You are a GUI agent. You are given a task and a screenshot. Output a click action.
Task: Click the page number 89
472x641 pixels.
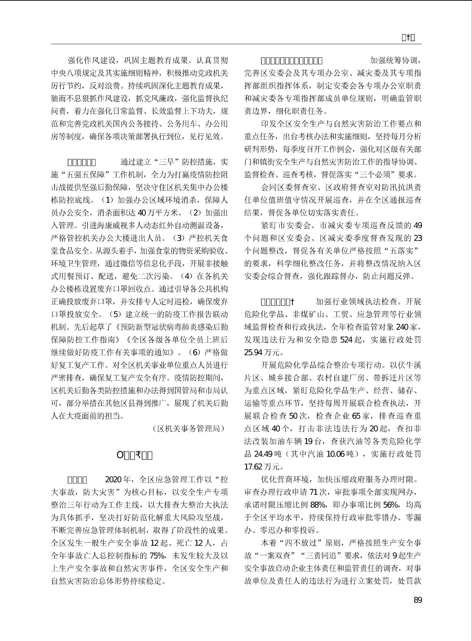(417, 600)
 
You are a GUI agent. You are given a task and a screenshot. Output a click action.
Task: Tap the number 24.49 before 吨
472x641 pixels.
(263, 454)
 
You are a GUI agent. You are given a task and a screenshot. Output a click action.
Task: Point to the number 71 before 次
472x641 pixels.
(313, 492)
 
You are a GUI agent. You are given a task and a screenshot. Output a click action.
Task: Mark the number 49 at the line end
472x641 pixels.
(417, 225)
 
